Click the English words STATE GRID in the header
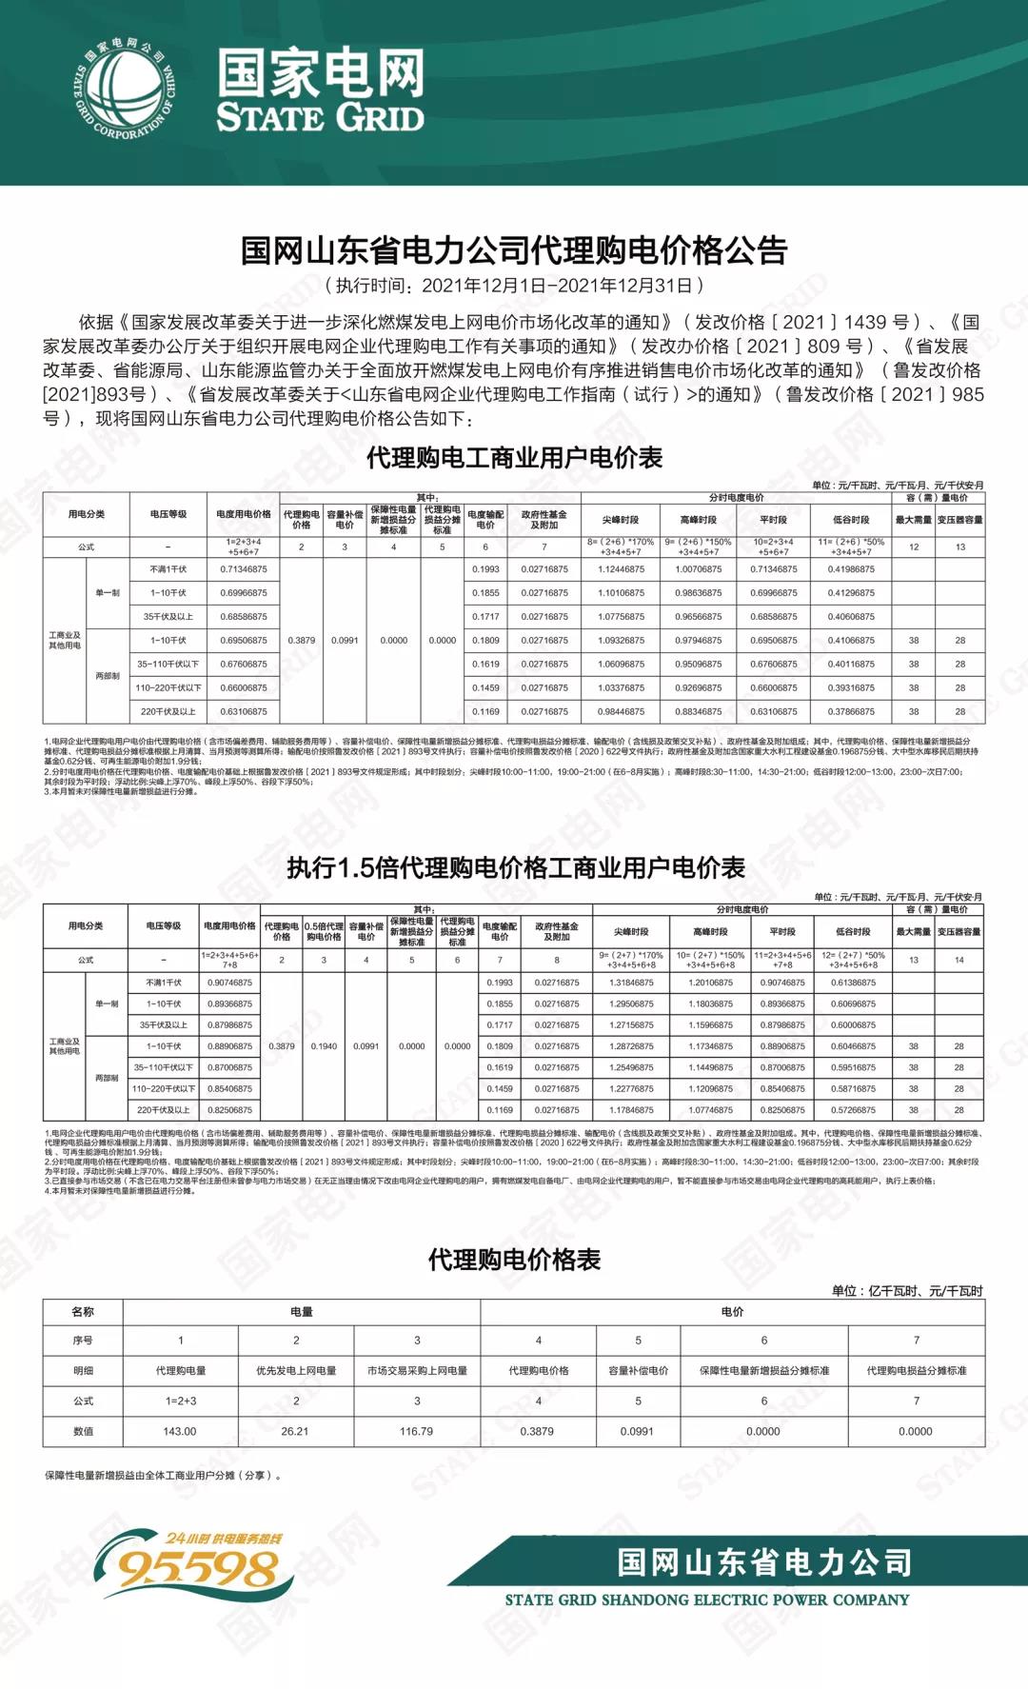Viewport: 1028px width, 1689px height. click(320, 118)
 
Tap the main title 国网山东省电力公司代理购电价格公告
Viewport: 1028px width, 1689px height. click(514, 250)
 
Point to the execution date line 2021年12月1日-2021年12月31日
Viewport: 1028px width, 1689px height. click(514, 285)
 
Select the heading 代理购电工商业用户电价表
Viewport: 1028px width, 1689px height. click(514, 458)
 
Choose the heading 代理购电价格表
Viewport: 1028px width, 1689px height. click(514, 1260)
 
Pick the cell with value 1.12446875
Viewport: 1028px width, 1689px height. click(621, 569)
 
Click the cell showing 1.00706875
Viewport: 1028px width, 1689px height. click(699, 569)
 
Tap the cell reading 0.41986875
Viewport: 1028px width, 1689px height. click(851, 569)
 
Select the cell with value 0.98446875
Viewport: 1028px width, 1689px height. click(621, 711)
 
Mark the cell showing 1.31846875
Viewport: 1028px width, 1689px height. click(631, 983)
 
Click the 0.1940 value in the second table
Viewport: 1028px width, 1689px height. click(324, 1046)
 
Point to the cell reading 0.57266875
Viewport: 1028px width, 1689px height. click(853, 1110)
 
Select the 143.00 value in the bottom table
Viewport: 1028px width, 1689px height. click(180, 1431)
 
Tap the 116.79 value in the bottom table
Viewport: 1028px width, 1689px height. click(416, 1431)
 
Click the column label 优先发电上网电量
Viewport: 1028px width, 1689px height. click(296, 1371)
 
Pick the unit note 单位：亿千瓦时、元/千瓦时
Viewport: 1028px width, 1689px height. click(906, 1291)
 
